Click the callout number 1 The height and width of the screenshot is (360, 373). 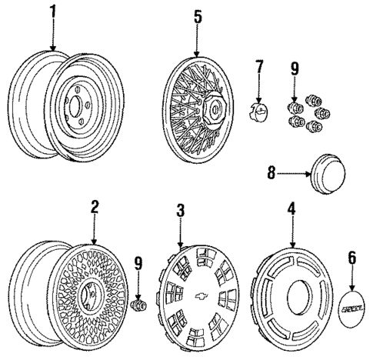tap(53, 13)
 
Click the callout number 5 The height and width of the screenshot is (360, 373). tap(198, 16)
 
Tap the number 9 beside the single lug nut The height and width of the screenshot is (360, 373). tap(138, 265)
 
